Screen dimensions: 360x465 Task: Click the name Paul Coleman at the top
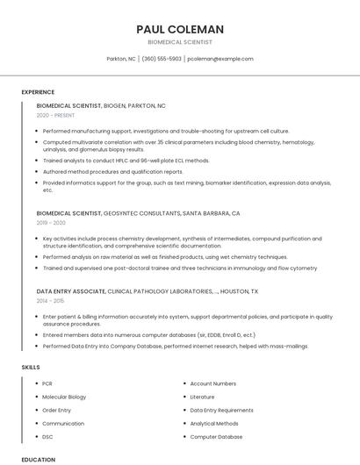pos(180,29)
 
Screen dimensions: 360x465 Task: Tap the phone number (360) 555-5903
pos(162,59)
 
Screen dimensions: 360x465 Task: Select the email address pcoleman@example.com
pos(220,59)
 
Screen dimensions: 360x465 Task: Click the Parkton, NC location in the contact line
pos(121,59)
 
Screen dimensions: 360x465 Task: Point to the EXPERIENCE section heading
pos(38,92)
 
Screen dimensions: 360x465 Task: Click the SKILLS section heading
pos(30,366)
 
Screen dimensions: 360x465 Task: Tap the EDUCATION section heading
pos(39,459)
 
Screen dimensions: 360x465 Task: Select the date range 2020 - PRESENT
pos(56,115)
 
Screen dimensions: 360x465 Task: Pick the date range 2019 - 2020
pos(51,223)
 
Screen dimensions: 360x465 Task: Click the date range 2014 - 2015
pos(51,301)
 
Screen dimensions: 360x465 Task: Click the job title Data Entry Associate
pos(71,290)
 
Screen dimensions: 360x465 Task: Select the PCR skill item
pos(47,383)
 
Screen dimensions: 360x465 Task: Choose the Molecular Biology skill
pos(64,397)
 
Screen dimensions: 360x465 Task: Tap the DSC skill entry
pos(47,436)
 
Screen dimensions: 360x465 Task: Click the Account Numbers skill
pos(212,383)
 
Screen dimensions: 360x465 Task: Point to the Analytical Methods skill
pos(213,423)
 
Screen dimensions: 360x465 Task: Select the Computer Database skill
pos(216,436)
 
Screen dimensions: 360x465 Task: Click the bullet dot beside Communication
pos(37,423)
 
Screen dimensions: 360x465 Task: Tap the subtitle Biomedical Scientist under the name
pos(180,42)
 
